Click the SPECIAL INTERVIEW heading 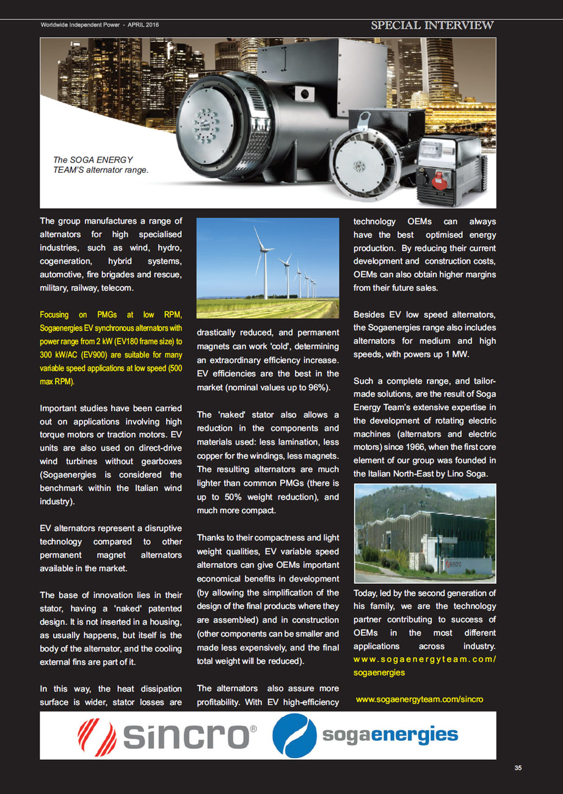pos(432,25)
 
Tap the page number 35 pos(518,768)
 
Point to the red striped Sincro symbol pos(98,735)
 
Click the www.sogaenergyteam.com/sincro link pos(420,699)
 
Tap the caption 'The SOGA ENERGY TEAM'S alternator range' pos(101,165)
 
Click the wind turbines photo pos(267,268)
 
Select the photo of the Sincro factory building pos(425,533)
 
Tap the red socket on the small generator pos(437,179)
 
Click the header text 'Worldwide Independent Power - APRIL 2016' pos(100,25)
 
